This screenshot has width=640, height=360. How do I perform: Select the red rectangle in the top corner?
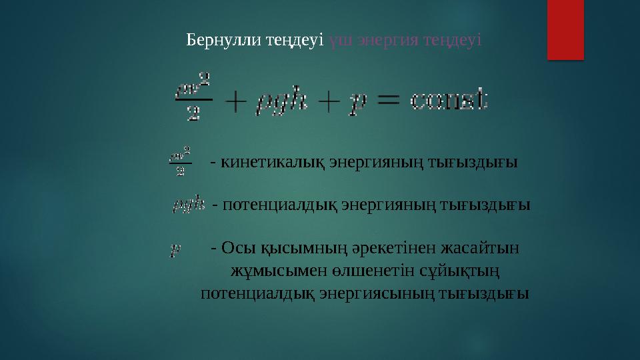(x=565, y=29)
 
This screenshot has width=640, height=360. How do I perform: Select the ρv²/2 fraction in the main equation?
(x=192, y=97)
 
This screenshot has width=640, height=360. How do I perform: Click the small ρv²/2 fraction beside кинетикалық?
(x=181, y=161)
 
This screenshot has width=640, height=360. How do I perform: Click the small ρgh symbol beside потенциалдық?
(x=188, y=205)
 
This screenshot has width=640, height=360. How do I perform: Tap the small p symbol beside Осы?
(x=175, y=250)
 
